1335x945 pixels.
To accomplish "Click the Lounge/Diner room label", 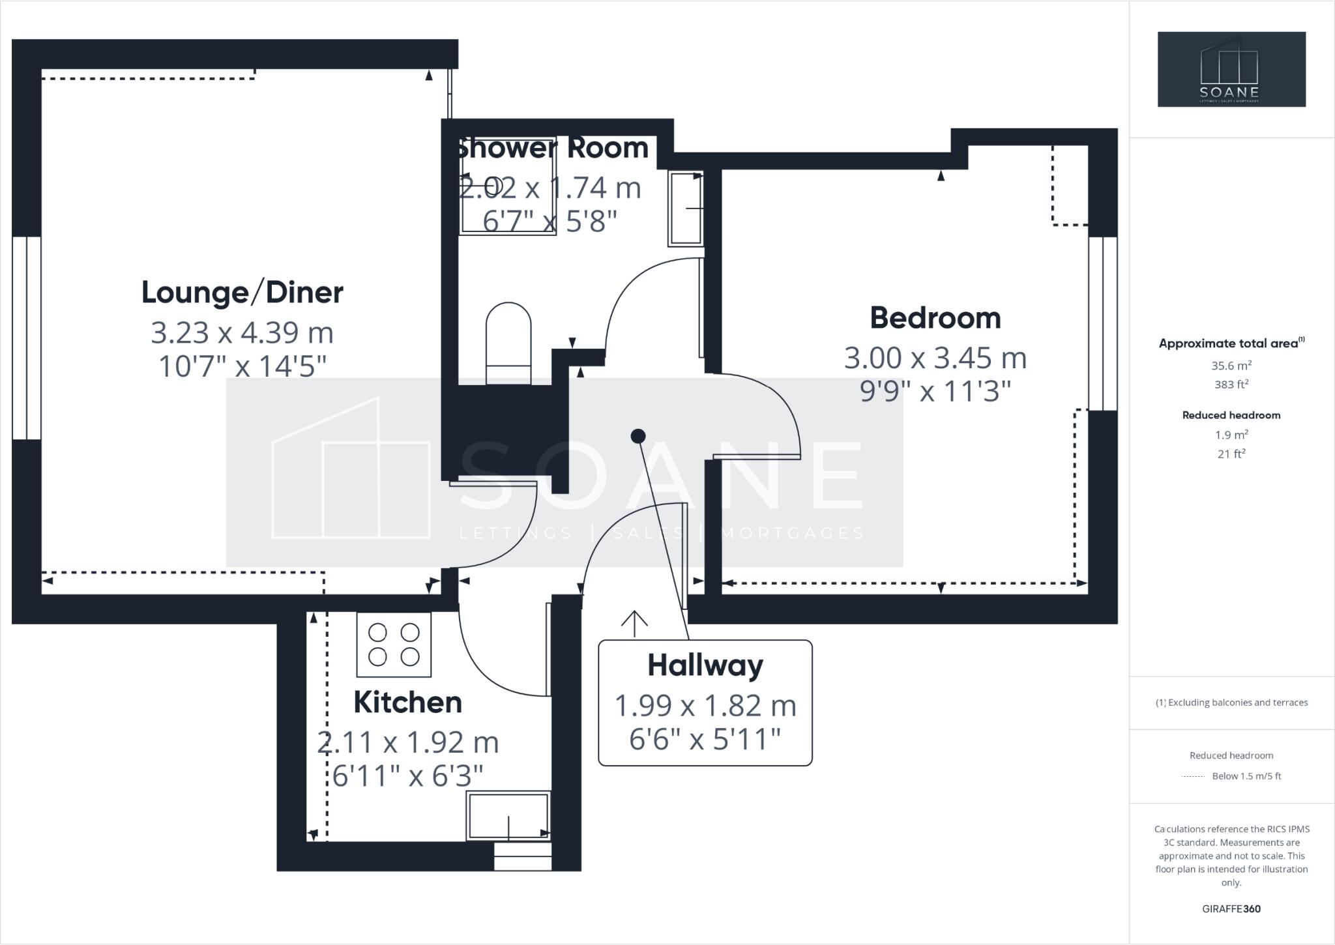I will click(242, 293).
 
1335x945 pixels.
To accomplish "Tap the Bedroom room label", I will click(935, 318).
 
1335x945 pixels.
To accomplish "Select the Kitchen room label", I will click(407, 703).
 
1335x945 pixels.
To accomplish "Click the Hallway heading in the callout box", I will click(705, 665).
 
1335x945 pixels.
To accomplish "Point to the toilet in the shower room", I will click(508, 343).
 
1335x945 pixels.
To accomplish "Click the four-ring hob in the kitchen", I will click(394, 645).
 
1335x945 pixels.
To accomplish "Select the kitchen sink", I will click(509, 815).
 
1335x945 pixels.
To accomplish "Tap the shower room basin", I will click(685, 208).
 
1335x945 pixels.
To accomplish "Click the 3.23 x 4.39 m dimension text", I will click(242, 332).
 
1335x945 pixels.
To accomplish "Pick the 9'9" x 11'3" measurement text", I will click(935, 392).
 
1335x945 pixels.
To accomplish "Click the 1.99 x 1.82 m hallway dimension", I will click(705, 705).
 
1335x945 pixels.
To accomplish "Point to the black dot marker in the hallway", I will click(638, 436).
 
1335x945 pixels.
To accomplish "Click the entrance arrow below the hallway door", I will click(634, 623).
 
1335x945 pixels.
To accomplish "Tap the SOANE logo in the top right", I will click(1231, 69).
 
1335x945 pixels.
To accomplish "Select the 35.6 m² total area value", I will click(1231, 366).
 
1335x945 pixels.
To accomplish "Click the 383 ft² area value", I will click(1231, 385).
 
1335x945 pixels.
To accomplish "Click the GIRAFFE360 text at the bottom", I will click(1231, 909).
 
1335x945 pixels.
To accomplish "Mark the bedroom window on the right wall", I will click(1103, 323).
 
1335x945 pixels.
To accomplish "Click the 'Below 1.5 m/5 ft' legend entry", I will click(1246, 776).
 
